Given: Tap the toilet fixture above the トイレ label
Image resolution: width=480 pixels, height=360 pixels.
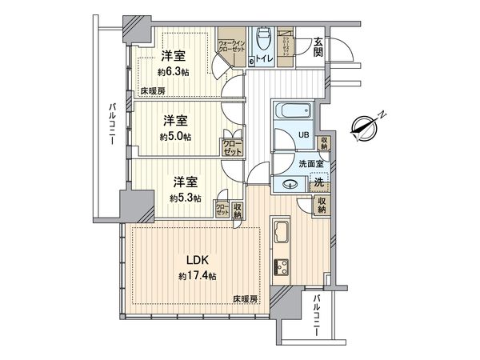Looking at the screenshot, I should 261,40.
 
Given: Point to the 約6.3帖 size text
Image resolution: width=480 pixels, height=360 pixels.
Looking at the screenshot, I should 174,72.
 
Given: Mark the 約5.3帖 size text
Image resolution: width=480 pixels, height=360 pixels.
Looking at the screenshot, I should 185,198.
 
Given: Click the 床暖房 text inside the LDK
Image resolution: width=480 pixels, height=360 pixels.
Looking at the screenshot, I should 246,299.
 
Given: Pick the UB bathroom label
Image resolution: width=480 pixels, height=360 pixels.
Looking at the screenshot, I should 303,135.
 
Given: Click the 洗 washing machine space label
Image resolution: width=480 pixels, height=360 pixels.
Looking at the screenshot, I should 318,181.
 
